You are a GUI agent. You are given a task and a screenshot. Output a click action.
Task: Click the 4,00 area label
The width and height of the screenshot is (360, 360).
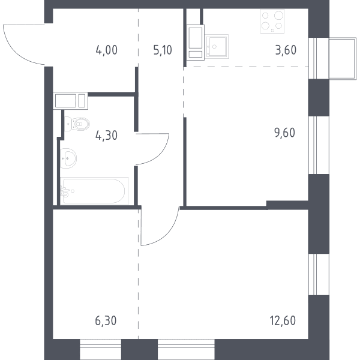pyautogui.click(x=107, y=50)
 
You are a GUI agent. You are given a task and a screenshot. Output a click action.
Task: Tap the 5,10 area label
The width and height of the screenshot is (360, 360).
pyautogui.click(x=163, y=50)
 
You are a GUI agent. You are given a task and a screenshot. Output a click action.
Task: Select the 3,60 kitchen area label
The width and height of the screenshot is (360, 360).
pyautogui.click(x=286, y=50)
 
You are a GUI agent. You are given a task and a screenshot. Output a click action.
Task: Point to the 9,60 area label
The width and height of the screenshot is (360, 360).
pyautogui.click(x=284, y=133)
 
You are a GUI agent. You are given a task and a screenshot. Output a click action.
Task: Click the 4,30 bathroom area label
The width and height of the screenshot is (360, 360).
pyautogui.click(x=106, y=135)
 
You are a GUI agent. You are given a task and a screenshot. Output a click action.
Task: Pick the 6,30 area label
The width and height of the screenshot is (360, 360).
pyautogui.click(x=106, y=321)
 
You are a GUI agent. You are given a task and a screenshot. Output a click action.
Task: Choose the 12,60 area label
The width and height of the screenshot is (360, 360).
pyautogui.click(x=283, y=321)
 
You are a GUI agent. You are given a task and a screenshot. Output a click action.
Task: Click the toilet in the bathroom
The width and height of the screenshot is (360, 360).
pyautogui.click(x=76, y=124)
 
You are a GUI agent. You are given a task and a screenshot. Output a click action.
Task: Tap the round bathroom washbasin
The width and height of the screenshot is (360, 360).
pyautogui.click(x=68, y=158)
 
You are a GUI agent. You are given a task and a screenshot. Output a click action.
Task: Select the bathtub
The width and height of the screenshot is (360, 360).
pyautogui.click(x=94, y=191)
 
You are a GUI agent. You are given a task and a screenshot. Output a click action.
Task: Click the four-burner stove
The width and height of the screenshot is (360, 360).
pyautogui.click(x=272, y=21)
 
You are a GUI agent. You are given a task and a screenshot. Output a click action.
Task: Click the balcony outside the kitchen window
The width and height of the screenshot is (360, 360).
pyautogui.click(x=343, y=59)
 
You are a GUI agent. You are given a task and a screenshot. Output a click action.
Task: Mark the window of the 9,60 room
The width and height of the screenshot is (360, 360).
pyautogui.click(x=313, y=145)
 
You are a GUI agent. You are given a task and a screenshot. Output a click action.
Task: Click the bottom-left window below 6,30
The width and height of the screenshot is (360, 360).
pyautogui.click(x=101, y=349)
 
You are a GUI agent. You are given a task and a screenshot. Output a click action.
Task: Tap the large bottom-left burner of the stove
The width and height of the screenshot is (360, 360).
pyautogui.click(x=265, y=25)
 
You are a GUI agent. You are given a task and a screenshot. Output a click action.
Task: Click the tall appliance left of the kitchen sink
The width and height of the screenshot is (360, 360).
pyautogui.click(x=195, y=42)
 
